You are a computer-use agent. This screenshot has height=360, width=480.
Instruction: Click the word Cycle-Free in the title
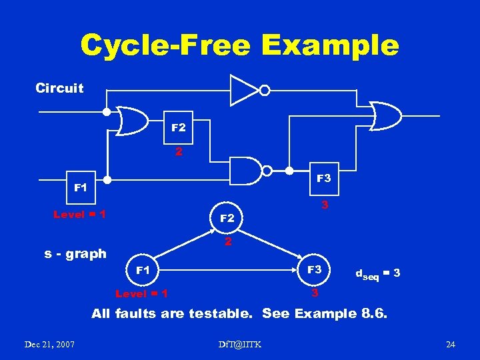166,45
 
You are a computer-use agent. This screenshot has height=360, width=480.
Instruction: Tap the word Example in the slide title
331,45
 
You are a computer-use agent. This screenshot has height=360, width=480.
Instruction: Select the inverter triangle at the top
244,90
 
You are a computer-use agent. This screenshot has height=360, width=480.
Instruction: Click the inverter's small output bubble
265,90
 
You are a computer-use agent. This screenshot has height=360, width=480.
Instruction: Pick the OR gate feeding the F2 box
132,120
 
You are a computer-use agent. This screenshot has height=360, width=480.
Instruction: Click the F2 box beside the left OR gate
179,127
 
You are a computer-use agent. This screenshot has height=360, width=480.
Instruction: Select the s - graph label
75,253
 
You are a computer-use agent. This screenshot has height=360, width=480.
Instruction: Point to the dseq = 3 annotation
377,273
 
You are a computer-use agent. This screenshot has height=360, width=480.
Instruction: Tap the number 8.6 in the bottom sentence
376,313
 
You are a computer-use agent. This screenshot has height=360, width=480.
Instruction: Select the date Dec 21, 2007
49,344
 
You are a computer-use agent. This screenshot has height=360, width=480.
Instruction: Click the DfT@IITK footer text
240,344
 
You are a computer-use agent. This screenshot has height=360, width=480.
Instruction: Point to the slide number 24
451,344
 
